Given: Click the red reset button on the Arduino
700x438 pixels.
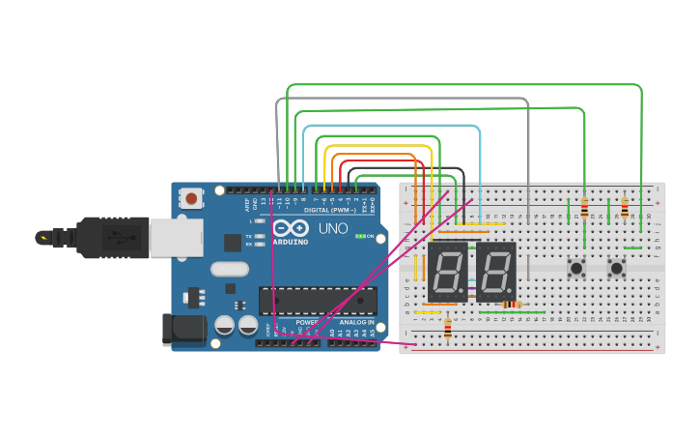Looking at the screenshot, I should coord(191,199).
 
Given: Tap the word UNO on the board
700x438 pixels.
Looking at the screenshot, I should coord(332,229).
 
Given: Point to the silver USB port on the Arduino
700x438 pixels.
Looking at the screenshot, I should coord(177,237).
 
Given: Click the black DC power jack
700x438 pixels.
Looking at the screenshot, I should coord(184,329).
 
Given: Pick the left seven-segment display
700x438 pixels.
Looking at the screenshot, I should coord(447,272).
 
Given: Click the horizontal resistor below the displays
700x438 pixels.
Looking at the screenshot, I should coord(513,305).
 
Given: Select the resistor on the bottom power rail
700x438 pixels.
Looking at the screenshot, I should coord(447,330).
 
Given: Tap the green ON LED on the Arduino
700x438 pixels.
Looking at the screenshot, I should coord(360,236).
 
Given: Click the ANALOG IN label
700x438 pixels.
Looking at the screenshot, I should coord(356,322).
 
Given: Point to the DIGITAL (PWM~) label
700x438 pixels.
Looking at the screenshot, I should coord(328,210).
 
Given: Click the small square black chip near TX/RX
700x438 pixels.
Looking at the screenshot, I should coord(233,243).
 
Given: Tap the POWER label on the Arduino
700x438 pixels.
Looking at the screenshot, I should coord(307,322).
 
